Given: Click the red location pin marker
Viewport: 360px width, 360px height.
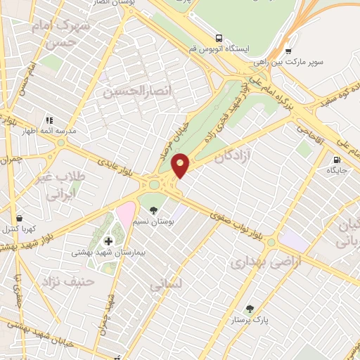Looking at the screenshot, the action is point(181,165).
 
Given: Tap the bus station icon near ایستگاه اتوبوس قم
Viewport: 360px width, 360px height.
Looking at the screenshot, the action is point(219,37).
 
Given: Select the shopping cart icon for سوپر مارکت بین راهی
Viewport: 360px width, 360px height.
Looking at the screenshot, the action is point(288,51).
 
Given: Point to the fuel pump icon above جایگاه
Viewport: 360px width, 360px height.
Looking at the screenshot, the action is point(337,158).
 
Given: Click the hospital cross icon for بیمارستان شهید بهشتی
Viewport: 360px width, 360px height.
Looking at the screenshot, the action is point(108,241).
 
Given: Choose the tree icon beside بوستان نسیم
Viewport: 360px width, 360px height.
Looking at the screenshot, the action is point(153,210).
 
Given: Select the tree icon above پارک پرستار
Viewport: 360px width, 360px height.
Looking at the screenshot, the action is point(248,308).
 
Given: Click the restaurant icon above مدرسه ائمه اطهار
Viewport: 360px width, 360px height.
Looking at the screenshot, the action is point(49,120).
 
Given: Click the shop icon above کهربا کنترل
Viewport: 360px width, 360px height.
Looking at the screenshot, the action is point(18,219).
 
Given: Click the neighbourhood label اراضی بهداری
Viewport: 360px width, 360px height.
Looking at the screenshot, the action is point(258,262).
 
